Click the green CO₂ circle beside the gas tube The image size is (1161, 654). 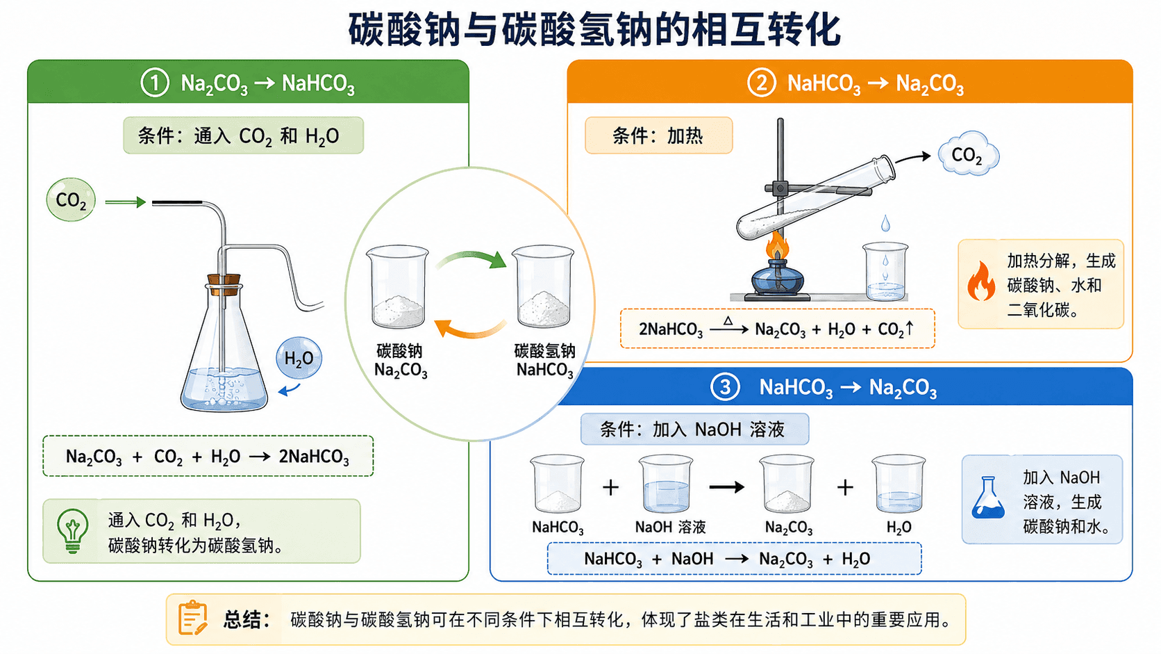click(x=71, y=200)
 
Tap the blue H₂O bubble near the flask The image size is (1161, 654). click(x=299, y=358)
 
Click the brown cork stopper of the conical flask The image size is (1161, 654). click(x=224, y=285)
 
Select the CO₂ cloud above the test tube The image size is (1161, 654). click(x=968, y=154)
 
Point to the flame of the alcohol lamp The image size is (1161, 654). click(x=778, y=246)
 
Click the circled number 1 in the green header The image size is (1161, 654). click(x=154, y=83)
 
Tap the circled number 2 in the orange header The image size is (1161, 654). click(x=762, y=83)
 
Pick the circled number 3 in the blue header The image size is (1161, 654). click(x=725, y=387)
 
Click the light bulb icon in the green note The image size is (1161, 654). click(x=72, y=531)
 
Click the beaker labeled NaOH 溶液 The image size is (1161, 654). click(x=665, y=483)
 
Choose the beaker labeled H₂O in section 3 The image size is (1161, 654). click(x=899, y=483)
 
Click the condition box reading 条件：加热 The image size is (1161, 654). click(x=659, y=136)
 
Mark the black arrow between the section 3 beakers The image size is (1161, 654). click(x=726, y=487)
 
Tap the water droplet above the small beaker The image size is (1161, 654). click(x=886, y=224)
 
